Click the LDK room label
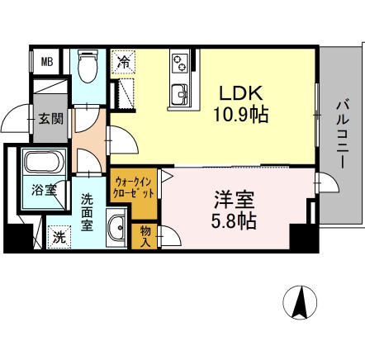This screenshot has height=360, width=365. pos(242,93)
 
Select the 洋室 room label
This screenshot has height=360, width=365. pos(234,201)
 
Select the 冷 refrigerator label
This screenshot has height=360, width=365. pos(123,60)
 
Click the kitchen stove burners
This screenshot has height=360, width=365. pos(181,64)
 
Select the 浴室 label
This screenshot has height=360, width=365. pos(44,190)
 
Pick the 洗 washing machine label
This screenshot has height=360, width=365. pos(59,237)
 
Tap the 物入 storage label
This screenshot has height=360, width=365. pos(146,234)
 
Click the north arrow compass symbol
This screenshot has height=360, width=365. pos(302,302)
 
